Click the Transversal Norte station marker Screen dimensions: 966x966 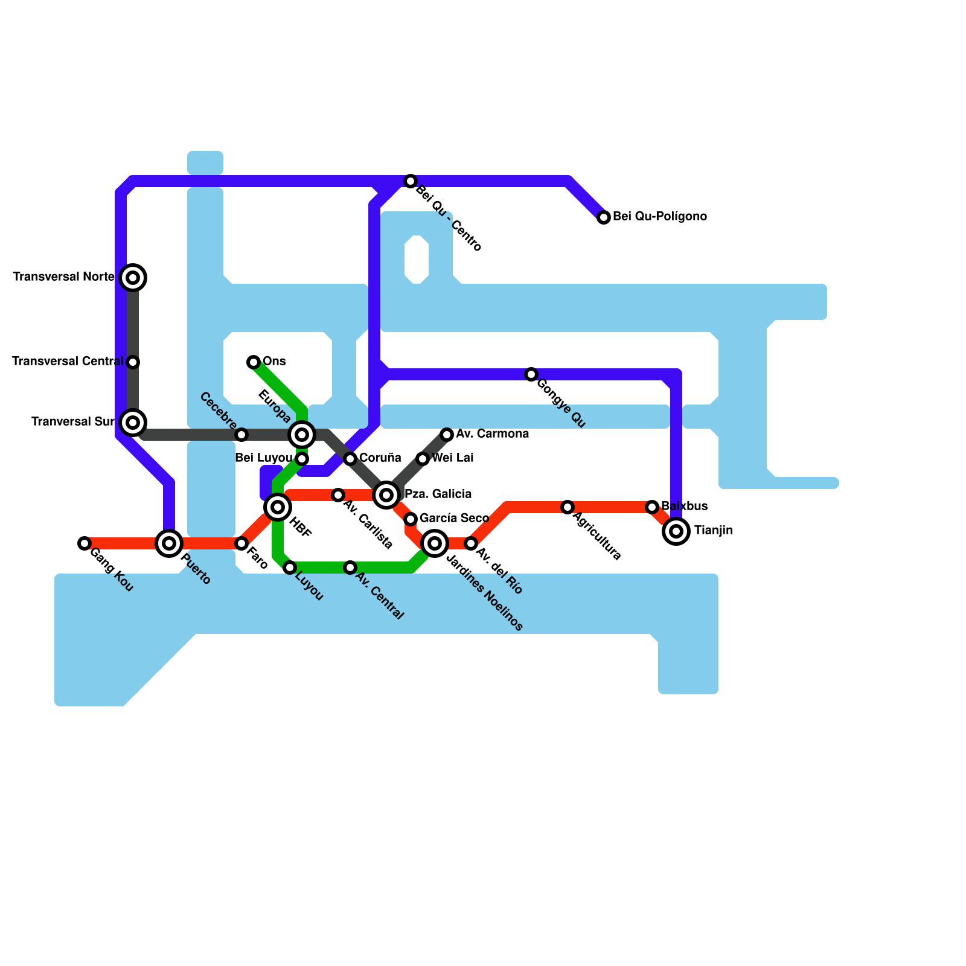[x=133, y=278]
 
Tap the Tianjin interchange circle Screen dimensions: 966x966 [x=676, y=531]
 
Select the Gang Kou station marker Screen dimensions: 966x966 [x=85, y=543]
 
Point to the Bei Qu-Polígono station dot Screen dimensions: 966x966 [x=604, y=217]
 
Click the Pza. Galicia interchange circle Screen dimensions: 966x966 [x=386, y=495]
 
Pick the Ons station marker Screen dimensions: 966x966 [x=254, y=362]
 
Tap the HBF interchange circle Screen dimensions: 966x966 [x=278, y=507]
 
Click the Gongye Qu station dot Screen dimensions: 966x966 [x=531, y=374]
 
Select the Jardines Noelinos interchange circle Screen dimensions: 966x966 [x=435, y=543]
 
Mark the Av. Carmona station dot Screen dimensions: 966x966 [x=447, y=435]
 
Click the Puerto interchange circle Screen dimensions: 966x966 [x=169, y=543]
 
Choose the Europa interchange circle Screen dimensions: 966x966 [x=302, y=435]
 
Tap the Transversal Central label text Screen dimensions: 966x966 [x=68, y=362]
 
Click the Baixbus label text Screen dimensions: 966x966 [x=684, y=506]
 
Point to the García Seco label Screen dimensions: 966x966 [x=454, y=518]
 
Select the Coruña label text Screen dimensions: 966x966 [x=380, y=458]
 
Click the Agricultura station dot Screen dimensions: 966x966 [x=568, y=507]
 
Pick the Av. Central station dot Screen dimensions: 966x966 [x=350, y=568]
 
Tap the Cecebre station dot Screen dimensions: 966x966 [x=241, y=435]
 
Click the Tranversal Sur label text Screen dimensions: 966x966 [x=72, y=421]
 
